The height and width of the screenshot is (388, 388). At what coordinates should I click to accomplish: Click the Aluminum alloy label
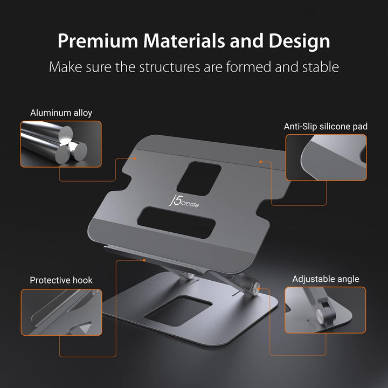(x=61, y=113)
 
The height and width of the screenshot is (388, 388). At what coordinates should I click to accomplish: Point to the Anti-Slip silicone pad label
(x=325, y=126)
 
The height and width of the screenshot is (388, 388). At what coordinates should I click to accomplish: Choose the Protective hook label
(x=61, y=280)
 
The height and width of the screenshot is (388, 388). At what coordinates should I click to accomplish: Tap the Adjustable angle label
(x=325, y=279)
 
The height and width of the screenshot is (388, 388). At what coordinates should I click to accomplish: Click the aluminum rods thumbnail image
(x=61, y=143)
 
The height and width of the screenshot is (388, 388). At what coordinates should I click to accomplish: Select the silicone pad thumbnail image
(x=325, y=157)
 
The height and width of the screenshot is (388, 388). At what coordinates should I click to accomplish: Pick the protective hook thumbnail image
(x=61, y=312)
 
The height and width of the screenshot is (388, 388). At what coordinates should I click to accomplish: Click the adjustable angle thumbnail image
(x=325, y=309)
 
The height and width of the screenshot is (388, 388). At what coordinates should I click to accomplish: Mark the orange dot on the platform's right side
(x=260, y=162)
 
